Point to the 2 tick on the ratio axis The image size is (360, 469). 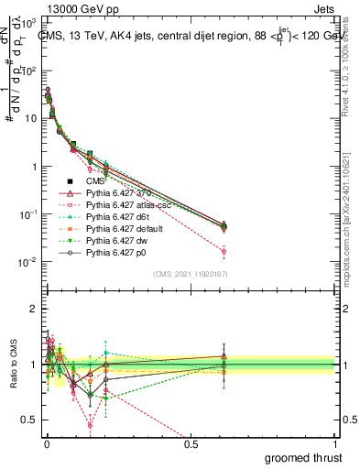(x=33, y=309)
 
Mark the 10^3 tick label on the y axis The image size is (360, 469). (x=27, y=24)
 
